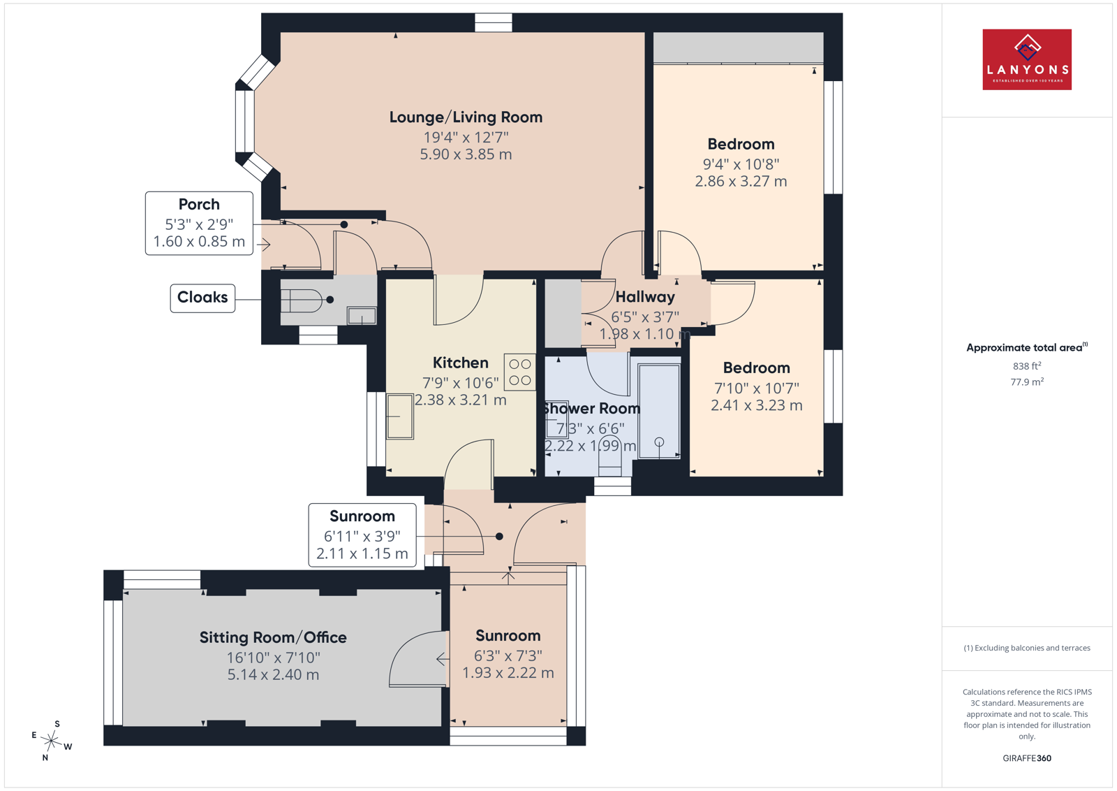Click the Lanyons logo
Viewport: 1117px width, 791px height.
pos(1027,59)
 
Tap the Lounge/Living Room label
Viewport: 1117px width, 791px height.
pos(466,117)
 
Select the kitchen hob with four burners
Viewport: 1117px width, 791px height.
pos(519,372)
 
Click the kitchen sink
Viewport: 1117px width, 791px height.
pos(400,416)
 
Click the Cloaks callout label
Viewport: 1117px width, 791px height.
pos(202,298)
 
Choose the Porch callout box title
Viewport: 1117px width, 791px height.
pos(199,204)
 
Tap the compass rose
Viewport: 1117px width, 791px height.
pos(52,741)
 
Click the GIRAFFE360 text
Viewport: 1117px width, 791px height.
pos(1027,758)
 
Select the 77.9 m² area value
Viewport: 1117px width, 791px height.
pos(1027,382)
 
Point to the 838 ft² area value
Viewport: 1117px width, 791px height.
pos(1027,366)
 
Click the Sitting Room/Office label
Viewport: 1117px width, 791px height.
pos(273,637)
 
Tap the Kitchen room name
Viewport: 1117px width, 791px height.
pos(460,363)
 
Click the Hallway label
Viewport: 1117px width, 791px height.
pos(645,297)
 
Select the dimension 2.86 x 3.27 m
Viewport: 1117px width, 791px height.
pos(741,181)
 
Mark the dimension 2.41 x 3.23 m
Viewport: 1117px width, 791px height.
pos(757,405)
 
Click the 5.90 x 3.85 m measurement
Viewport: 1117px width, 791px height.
pos(466,154)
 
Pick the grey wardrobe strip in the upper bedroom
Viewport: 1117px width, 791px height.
pos(738,48)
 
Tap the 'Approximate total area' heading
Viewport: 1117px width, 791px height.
pos(1027,347)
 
